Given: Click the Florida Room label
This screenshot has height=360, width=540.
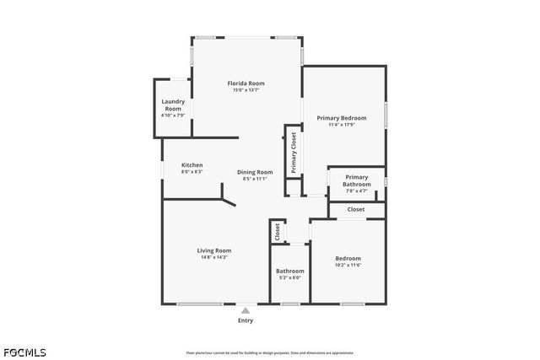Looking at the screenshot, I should [x=246, y=83].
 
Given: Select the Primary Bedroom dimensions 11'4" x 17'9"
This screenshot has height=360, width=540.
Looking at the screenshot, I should [x=341, y=125].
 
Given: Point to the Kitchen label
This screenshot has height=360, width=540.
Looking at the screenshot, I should [x=192, y=165].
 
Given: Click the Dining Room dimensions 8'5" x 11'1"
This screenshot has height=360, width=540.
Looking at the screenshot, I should [x=254, y=179].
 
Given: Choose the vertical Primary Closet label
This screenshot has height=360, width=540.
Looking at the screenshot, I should [x=293, y=153].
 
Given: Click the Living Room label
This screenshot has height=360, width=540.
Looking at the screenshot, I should [x=214, y=250].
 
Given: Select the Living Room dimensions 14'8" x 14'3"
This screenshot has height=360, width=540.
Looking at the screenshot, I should [x=214, y=257].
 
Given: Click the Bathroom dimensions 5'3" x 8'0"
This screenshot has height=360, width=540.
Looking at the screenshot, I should [x=289, y=277].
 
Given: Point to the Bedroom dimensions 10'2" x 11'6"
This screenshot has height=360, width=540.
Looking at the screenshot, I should [x=348, y=266].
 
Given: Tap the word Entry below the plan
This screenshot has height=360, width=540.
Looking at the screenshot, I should [x=245, y=320].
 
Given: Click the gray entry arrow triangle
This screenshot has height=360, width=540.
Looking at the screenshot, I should [x=245, y=309].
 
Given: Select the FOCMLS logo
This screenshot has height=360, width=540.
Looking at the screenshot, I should [x=24, y=352].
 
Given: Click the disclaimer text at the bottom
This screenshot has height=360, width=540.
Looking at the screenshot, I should [x=282, y=352].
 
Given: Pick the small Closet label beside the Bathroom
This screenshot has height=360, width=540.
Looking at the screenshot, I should [x=277, y=232].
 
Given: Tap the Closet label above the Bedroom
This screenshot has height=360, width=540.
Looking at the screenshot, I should [x=356, y=209].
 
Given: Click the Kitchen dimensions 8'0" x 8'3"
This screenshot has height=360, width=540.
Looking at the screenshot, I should [x=192, y=172].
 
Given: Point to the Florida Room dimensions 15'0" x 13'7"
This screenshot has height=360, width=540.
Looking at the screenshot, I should [x=246, y=90].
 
